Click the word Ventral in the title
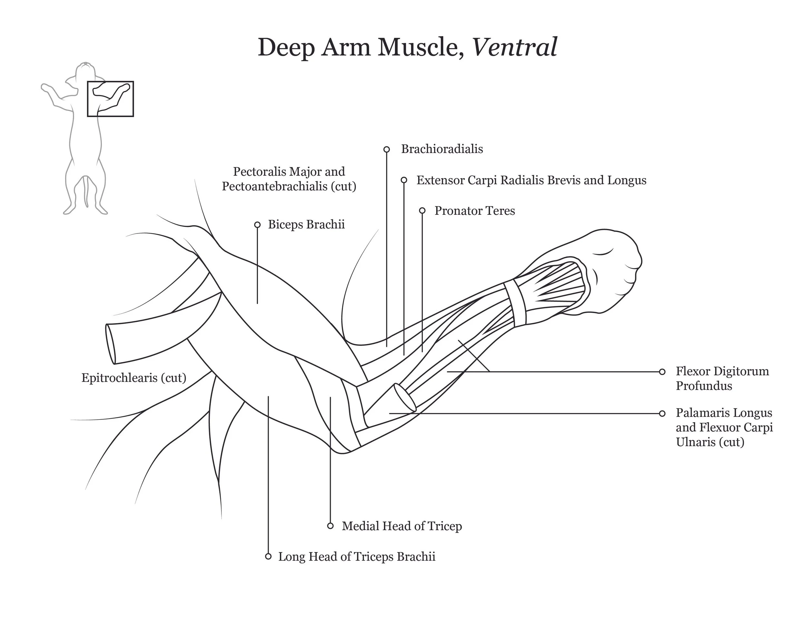[x=515, y=47]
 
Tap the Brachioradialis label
[x=442, y=149]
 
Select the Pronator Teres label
[x=474, y=211]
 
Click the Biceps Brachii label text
[x=306, y=224]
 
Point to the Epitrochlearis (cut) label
[x=133, y=378]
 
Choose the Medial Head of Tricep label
[x=401, y=526]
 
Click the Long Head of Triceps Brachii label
[x=357, y=557]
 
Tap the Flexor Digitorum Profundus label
[x=722, y=378]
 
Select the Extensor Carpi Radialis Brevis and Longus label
[x=531, y=180]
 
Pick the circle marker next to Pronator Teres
[x=422, y=211]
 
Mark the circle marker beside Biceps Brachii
[x=257, y=225]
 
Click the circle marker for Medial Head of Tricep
[x=330, y=526]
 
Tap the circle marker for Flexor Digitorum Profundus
[x=662, y=372]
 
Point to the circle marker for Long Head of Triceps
[x=268, y=557]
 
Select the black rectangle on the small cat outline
[x=110, y=99]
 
